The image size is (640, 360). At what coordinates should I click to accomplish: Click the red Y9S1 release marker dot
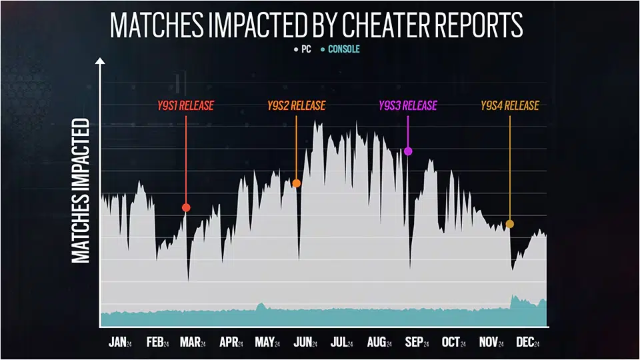click(x=187, y=208)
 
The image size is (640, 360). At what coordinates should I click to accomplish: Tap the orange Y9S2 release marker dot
click(x=297, y=183)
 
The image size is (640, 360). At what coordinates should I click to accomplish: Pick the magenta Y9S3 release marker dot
click(x=409, y=151)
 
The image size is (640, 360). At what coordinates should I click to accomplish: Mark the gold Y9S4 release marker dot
click(x=510, y=224)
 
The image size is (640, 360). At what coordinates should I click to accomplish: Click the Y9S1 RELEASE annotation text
click(x=185, y=105)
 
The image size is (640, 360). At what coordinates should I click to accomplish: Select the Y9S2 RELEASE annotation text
click(x=296, y=105)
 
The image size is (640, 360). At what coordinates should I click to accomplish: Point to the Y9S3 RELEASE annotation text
click(x=407, y=105)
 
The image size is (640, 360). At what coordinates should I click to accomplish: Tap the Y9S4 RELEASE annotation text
click(x=510, y=105)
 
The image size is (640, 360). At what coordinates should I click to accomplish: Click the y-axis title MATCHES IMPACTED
click(x=81, y=191)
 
